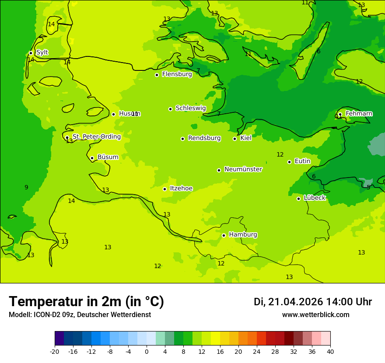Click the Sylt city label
(42, 52)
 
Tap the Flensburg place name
(177, 74)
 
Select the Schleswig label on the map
(190, 108)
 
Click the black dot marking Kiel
(234, 139)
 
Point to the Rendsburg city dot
(182, 139)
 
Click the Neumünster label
(243, 169)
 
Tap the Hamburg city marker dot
(224, 235)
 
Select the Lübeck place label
(314, 198)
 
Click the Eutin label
(302, 161)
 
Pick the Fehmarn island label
(359, 114)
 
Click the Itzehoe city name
(181, 188)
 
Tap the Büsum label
(108, 157)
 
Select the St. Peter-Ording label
(96, 137)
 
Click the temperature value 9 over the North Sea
(26, 188)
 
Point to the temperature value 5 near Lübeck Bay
(368, 187)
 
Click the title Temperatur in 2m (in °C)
(86, 301)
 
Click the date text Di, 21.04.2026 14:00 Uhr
(312, 302)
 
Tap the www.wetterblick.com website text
(315, 315)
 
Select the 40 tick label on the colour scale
(330, 352)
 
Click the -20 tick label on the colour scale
(55, 352)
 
